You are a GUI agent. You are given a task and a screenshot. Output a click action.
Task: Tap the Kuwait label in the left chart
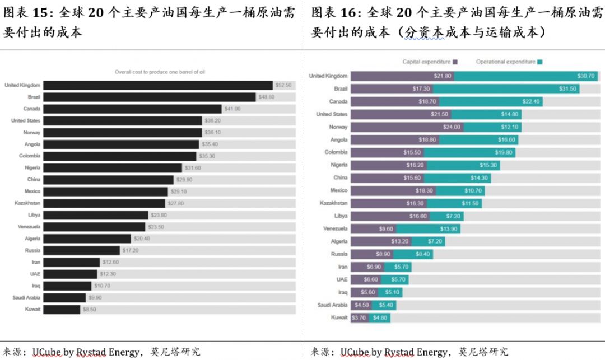click(x=32, y=309)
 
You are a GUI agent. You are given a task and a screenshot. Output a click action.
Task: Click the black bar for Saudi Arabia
click(x=64, y=297)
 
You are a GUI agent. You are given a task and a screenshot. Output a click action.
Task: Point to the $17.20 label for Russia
click(x=129, y=250)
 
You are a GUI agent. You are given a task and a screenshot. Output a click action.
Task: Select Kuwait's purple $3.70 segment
click(x=359, y=317)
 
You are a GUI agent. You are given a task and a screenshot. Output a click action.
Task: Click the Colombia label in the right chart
click(x=336, y=152)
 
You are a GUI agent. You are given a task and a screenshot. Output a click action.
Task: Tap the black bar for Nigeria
click(x=113, y=168)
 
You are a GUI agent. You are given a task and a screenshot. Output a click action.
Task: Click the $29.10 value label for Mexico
click(x=180, y=191)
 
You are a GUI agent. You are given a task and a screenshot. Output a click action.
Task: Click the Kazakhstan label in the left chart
click(x=27, y=203)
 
